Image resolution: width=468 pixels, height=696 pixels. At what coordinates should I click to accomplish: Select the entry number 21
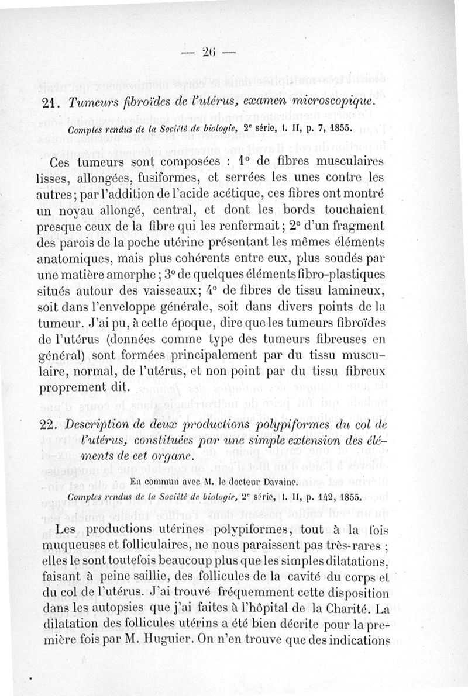[x=61, y=102]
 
